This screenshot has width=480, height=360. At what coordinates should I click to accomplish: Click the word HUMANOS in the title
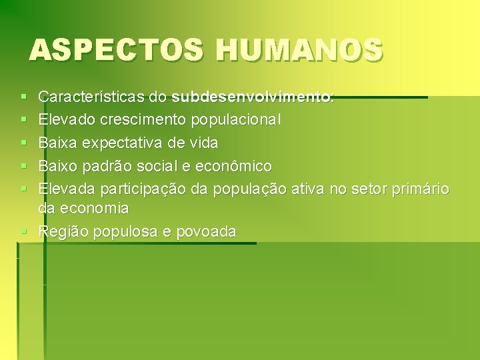click(299, 50)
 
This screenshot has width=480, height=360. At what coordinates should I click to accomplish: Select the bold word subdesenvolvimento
click(251, 97)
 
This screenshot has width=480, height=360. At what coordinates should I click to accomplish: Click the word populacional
click(236, 120)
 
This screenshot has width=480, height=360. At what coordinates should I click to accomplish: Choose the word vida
click(203, 143)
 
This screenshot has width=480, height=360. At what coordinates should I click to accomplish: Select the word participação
click(143, 189)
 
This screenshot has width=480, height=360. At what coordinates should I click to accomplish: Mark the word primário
click(419, 189)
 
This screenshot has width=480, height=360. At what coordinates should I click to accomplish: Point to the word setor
click(367, 189)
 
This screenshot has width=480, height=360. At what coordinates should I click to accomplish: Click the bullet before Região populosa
click(24, 232)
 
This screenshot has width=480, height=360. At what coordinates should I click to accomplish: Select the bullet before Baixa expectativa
click(24, 143)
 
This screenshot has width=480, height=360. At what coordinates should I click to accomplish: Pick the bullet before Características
click(24, 98)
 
